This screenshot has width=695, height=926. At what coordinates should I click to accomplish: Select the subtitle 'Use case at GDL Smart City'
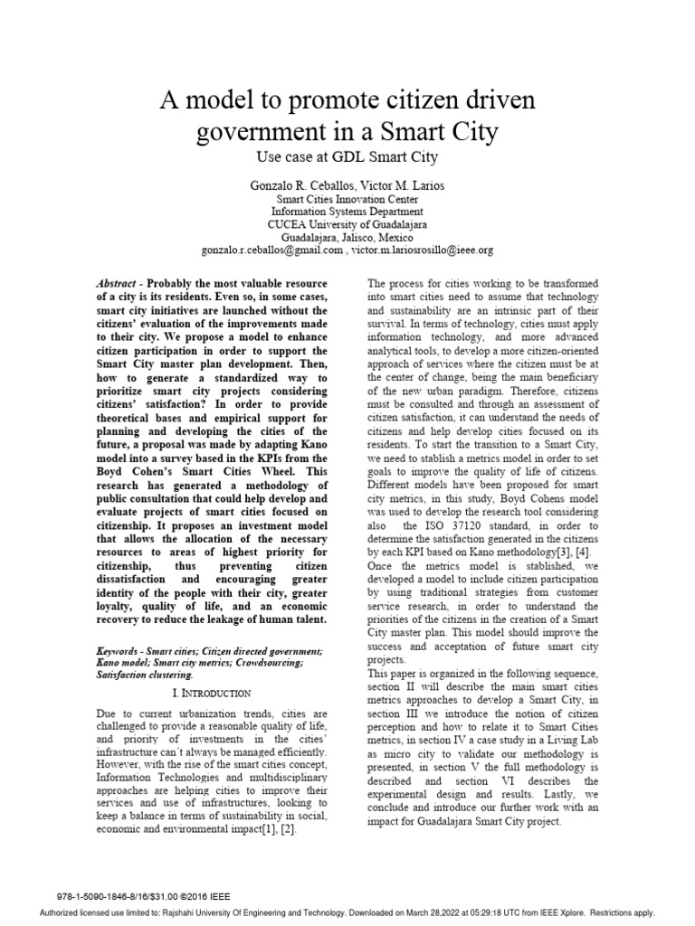click(x=347, y=156)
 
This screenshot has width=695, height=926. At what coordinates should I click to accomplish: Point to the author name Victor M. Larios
click(x=404, y=185)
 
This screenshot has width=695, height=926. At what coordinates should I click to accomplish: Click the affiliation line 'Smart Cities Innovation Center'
click(x=347, y=199)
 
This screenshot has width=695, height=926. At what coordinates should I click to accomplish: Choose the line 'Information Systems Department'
click(x=347, y=212)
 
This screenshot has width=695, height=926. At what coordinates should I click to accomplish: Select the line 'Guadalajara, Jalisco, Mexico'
click(x=347, y=237)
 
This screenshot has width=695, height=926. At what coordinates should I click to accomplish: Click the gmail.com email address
click(x=271, y=250)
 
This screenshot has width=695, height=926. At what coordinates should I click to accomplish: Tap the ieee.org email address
click(x=424, y=250)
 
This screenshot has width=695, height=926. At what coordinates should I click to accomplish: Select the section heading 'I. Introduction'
click(x=211, y=693)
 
